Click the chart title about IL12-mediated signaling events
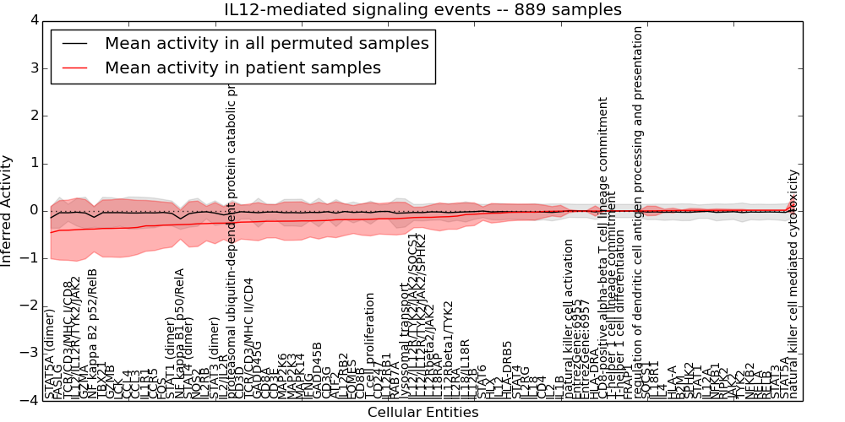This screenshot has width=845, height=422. pos(422,10)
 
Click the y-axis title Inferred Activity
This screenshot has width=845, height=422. pos(8,210)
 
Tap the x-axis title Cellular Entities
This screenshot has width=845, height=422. pos(422,413)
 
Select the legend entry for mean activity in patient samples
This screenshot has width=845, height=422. pos(243,68)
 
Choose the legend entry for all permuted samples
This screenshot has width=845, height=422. pos(266,43)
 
